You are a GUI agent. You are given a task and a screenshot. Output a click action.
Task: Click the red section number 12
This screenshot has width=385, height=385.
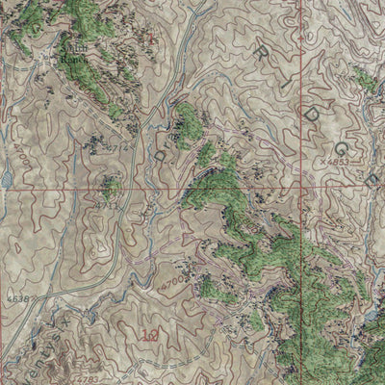pos(149,336)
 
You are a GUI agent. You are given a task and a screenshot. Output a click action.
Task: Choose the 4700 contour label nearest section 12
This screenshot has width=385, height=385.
pos(172,284)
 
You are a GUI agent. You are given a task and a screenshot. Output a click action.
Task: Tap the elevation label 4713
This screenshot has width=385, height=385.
pos(105,204)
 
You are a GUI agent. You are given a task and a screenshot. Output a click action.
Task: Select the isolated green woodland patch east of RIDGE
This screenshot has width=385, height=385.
pos(363,79)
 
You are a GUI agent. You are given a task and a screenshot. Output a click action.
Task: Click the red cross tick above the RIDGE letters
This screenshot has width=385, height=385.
pos(297,13)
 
